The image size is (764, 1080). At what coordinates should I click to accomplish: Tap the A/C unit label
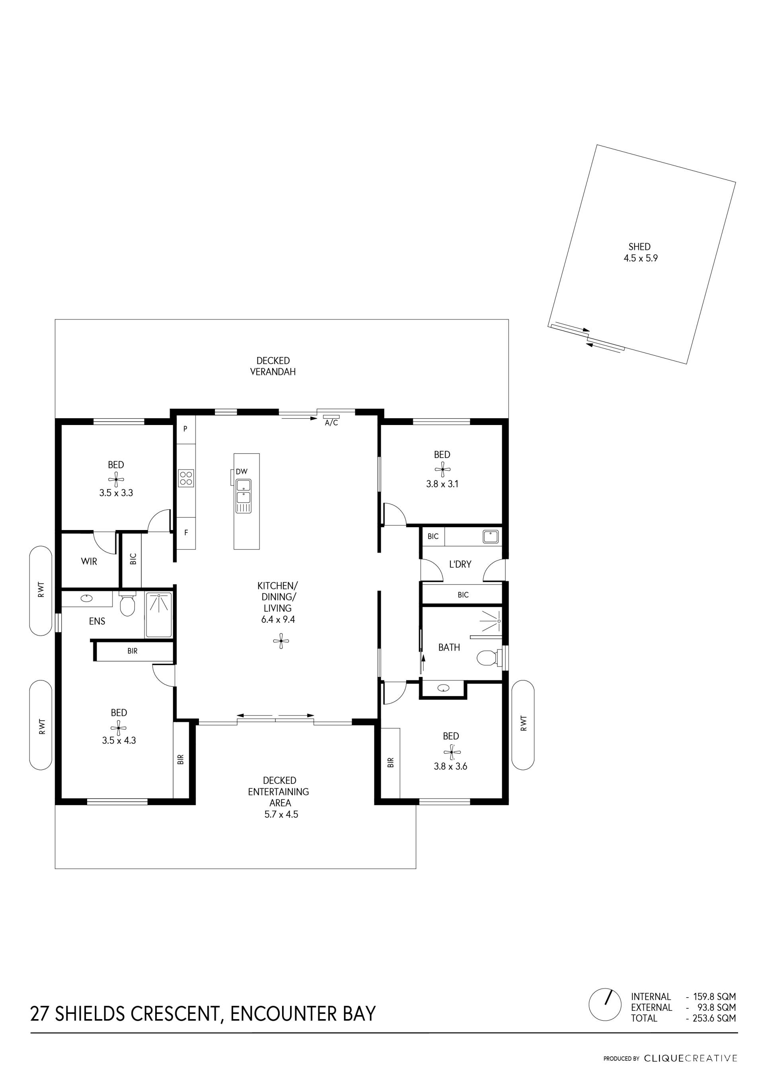(x=331, y=423)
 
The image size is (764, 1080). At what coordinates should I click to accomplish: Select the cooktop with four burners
(x=186, y=478)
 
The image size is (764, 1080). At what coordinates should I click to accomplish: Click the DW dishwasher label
(x=242, y=471)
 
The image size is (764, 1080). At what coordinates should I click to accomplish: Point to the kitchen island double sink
(x=243, y=496)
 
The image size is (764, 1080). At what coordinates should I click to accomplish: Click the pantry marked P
(x=185, y=429)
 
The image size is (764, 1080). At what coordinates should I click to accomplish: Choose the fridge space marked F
(x=186, y=533)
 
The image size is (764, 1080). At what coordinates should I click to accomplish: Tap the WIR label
(x=89, y=561)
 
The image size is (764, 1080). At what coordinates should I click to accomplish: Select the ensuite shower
(x=159, y=615)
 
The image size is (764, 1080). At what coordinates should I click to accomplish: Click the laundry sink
(x=490, y=536)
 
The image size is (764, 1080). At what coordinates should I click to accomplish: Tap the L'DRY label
(x=460, y=564)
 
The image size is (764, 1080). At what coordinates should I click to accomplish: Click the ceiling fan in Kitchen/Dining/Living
(x=281, y=641)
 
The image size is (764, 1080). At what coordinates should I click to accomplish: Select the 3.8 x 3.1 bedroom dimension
(x=442, y=484)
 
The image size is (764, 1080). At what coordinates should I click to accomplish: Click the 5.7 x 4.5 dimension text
(x=281, y=814)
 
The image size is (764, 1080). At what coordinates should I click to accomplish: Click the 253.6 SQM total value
(x=714, y=1018)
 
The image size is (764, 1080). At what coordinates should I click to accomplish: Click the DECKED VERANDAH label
(x=273, y=366)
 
